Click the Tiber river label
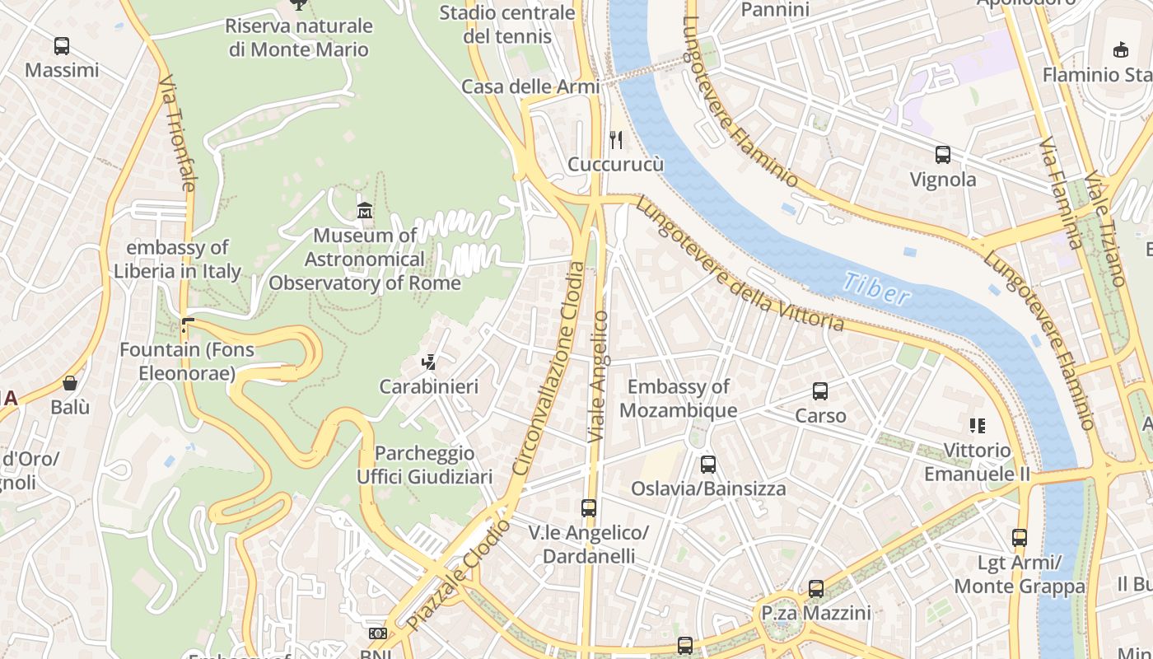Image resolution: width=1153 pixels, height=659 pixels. click(876, 289)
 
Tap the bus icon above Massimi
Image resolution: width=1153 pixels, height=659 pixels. click(62, 46)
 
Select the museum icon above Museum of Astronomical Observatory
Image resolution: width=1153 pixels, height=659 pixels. click(365, 211)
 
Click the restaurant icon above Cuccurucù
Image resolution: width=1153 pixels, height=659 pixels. click(615, 139)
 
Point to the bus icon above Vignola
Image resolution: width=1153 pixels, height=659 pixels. click(943, 154)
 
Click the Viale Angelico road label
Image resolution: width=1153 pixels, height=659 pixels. click(599, 376)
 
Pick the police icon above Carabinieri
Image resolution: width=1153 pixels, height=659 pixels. click(428, 362)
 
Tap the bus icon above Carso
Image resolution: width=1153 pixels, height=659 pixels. click(820, 391)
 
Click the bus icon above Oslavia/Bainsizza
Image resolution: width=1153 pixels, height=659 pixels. click(708, 464)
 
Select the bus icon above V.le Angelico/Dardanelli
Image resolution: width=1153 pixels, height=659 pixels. click(588, 508)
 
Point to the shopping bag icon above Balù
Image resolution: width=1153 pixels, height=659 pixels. click(70, 383)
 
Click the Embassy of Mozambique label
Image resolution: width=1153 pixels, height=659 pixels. click(679, 398)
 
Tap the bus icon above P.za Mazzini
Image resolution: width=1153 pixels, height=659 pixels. click(815, 588)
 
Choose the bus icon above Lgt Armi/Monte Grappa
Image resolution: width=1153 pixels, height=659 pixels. click(1020, 538)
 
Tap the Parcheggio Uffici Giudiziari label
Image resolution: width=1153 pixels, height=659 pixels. click(424, 465)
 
